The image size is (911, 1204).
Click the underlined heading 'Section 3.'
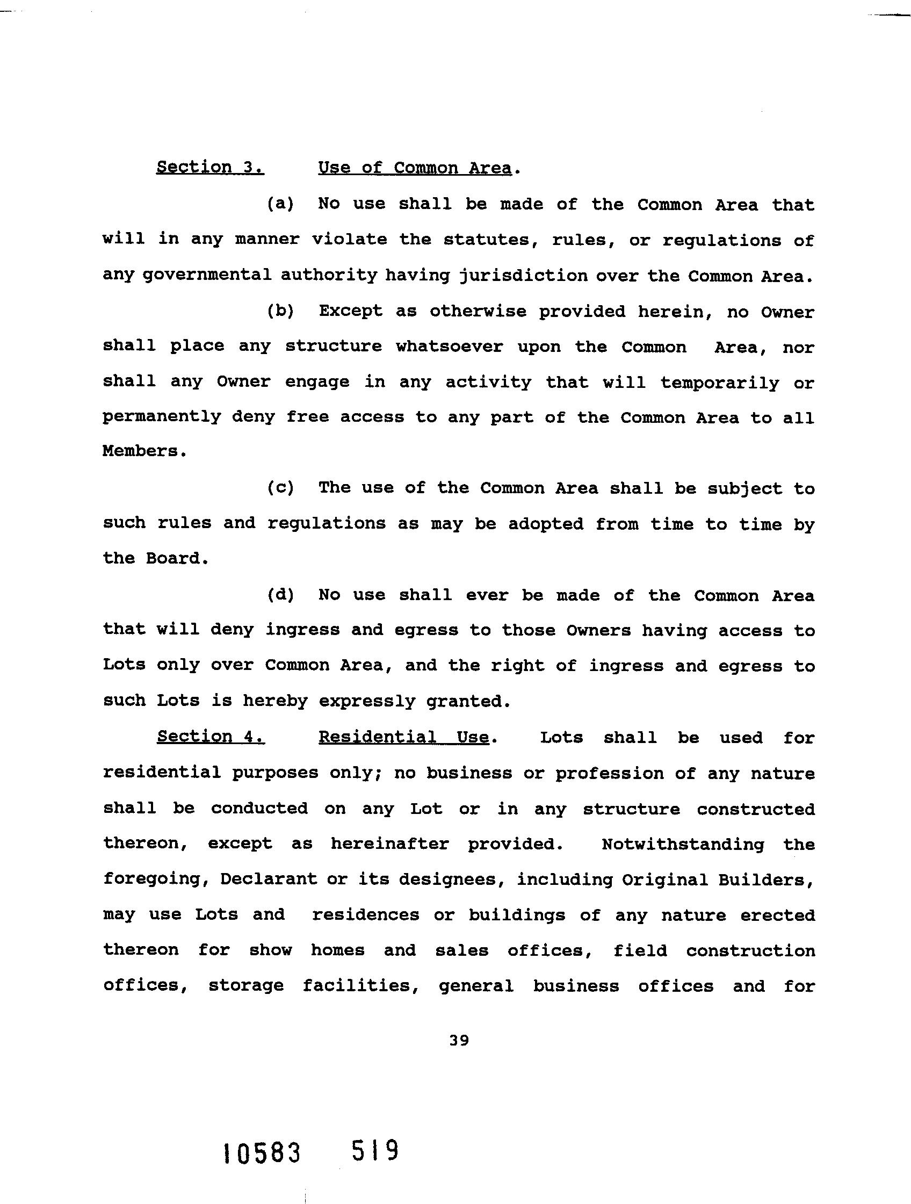point(210,167)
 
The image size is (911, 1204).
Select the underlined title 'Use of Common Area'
point(415,168)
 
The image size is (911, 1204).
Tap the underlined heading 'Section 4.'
point(211,737)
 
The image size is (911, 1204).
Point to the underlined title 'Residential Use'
point(404,737)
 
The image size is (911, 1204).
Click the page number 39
point(459,1041)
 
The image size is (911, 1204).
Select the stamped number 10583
point(262,1153)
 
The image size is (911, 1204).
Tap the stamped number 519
point(375,1151)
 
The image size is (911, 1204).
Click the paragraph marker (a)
point(280,204)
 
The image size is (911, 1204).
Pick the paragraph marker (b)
point(280,311)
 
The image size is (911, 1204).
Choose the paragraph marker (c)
point(280,488)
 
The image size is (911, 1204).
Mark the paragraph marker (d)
point(280,595)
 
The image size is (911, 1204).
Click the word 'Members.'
point(144,451)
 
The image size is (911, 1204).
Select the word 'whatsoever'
point(449,347)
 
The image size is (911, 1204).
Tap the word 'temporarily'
point(719,383)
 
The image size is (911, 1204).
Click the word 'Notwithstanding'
point(682,845)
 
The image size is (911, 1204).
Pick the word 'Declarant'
point(268,879)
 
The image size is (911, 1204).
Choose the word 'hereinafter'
point(389,844)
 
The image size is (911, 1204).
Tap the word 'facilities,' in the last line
point(361,986)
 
